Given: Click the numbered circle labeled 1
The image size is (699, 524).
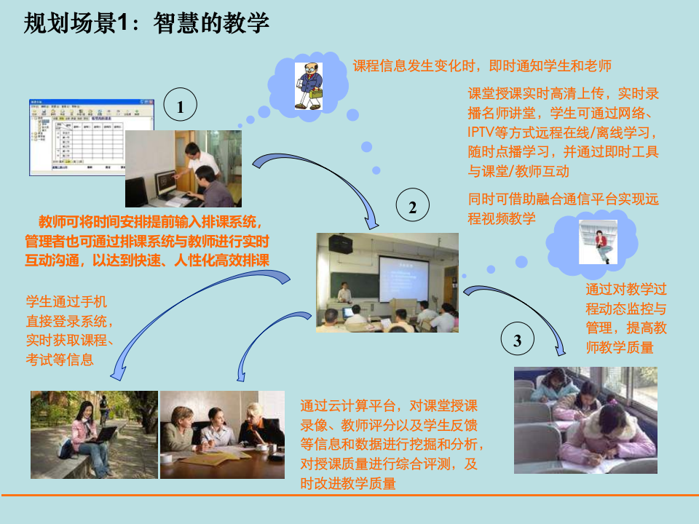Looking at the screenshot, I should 181,108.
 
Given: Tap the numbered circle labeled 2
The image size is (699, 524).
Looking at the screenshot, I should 413,208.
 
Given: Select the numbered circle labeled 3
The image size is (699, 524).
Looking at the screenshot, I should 517,341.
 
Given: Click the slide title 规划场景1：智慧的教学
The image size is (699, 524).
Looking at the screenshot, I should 146,23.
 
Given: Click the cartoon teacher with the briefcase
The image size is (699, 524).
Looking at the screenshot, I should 309,87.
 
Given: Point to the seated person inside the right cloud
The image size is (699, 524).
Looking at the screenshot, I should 598,242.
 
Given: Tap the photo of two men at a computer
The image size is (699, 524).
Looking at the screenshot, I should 183,169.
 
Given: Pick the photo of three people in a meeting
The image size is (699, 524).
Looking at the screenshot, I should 222,434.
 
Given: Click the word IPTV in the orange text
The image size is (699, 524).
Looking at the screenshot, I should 483,133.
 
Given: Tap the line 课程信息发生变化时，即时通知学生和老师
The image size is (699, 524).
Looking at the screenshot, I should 481,66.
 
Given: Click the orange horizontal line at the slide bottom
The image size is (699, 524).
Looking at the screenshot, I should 349,496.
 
